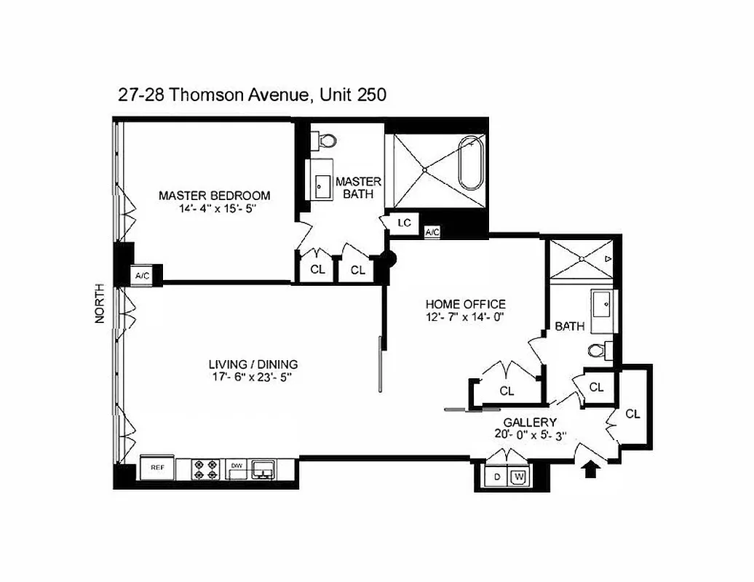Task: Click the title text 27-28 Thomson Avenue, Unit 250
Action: (252, 95)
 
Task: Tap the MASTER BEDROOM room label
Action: (215, 196)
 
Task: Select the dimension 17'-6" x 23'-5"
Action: (253, 378)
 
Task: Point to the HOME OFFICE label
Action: (465, 304)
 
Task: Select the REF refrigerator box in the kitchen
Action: (158, 469)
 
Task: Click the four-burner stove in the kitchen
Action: (206, 469)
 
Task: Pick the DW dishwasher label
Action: (236, 465)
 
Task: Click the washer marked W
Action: (519, 477)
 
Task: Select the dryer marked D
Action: (497, 477)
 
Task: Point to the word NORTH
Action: (100, 303)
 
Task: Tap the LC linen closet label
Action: (404, 223)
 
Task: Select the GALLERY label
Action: (530, 423)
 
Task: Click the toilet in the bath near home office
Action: (598, 351)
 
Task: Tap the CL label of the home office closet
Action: (507, 391)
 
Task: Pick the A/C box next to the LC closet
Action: (432, 232)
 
